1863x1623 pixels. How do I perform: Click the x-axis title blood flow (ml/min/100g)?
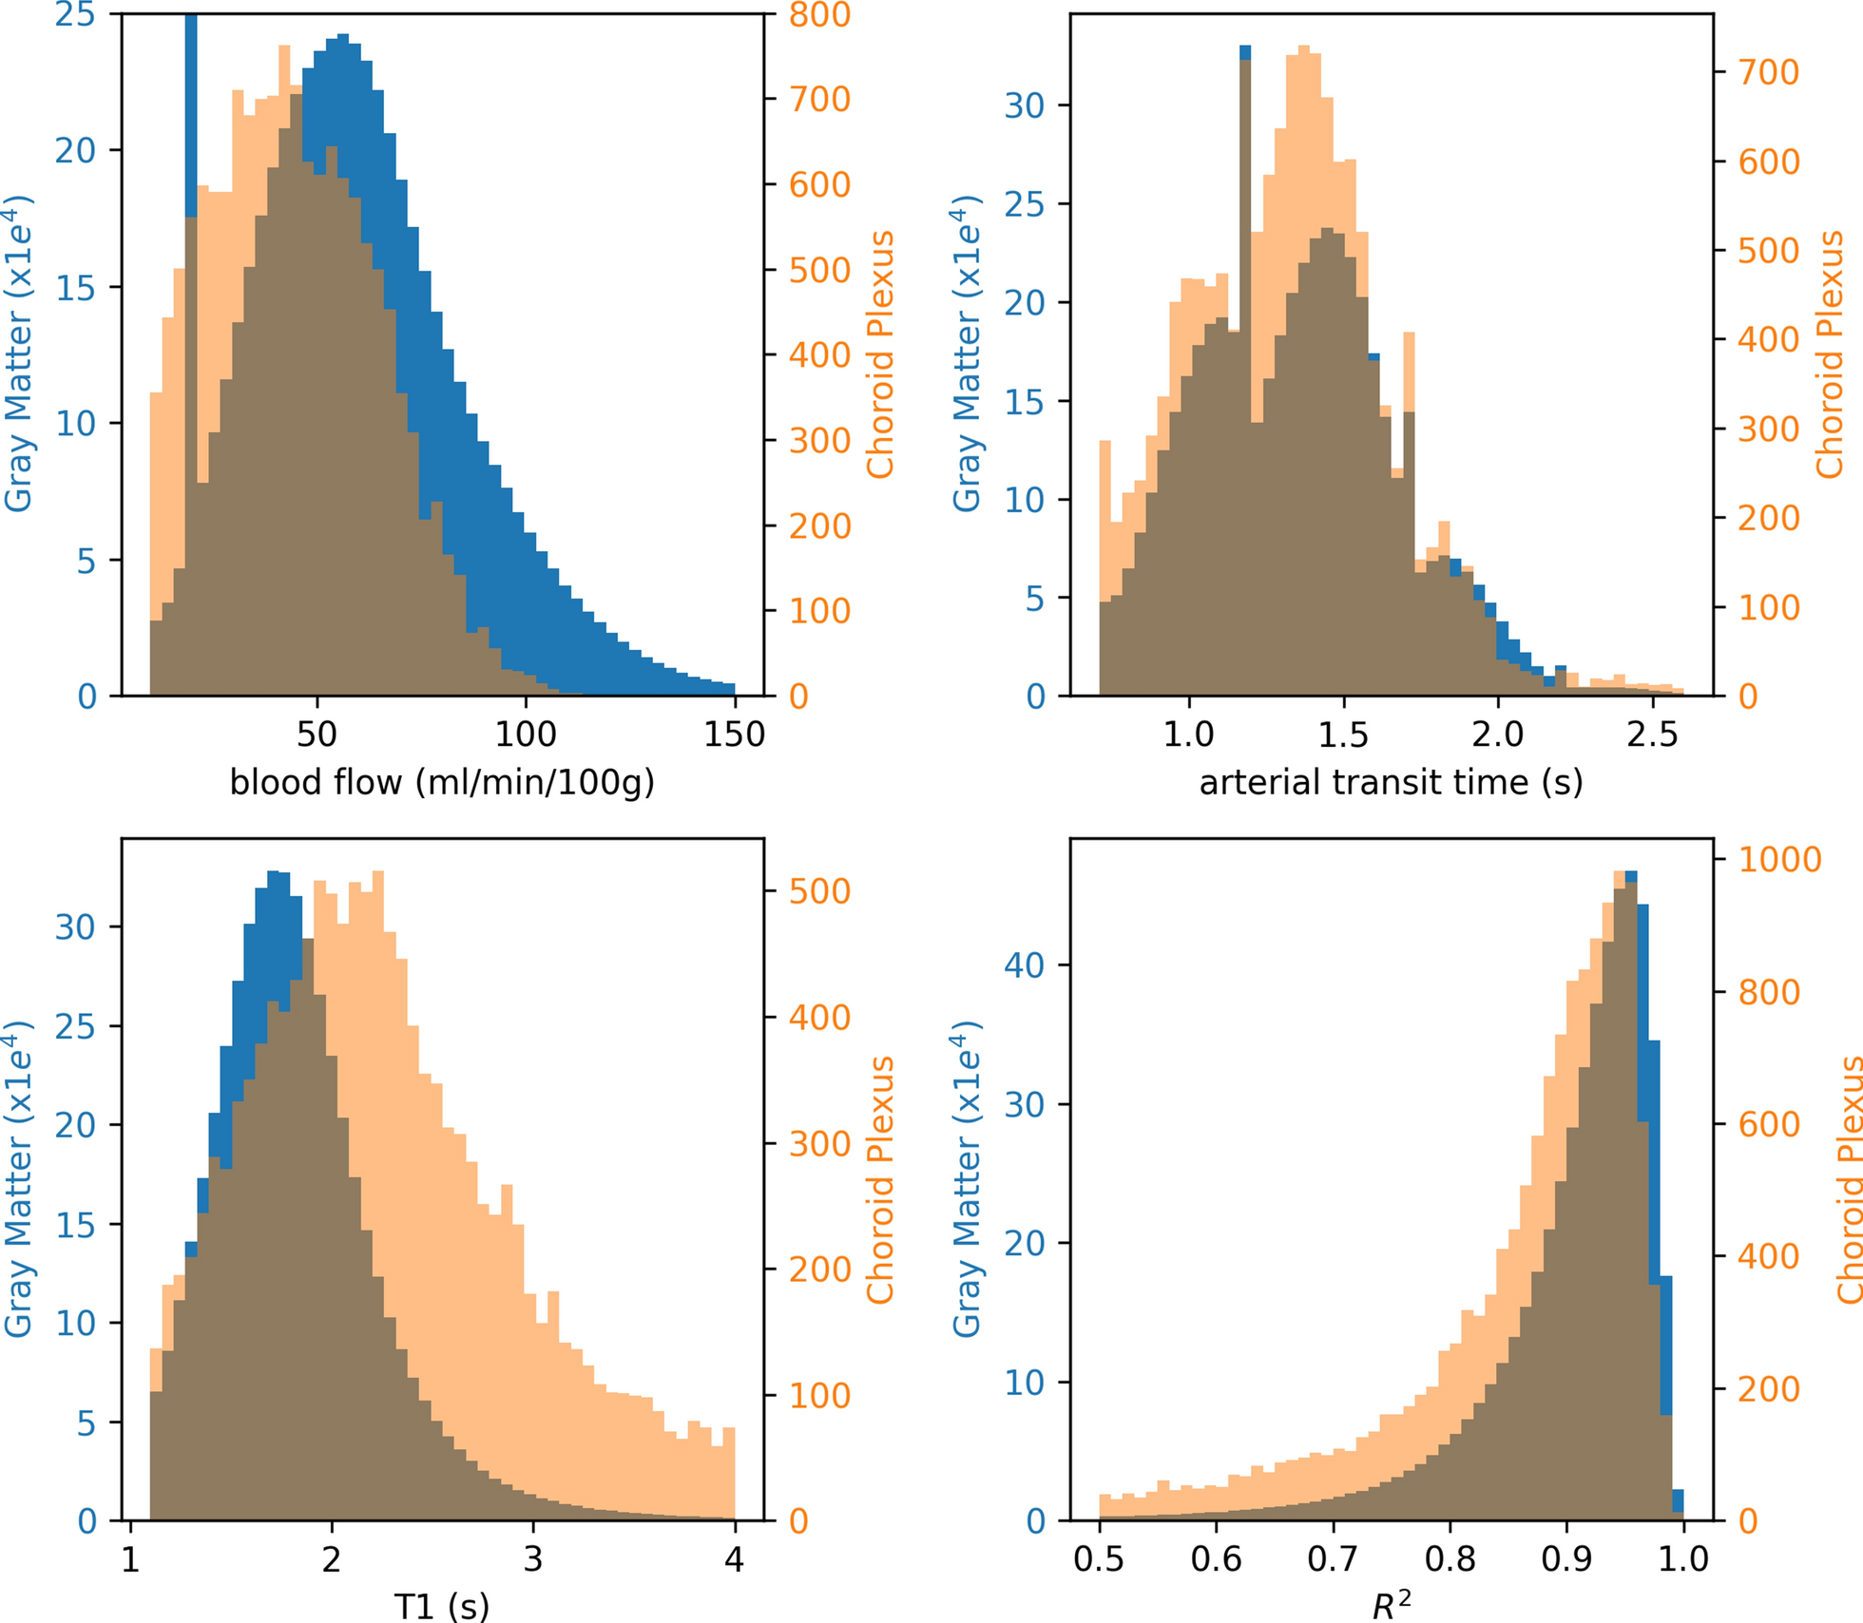click(x=442, y=782)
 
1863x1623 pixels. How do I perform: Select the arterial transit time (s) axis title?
click(x=1391, y=782)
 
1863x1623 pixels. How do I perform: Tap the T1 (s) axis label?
click(x=442, y=1606)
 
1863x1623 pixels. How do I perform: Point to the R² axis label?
click(x=1392, y=1606)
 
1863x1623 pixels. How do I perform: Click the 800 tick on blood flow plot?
click(x=819, y=15)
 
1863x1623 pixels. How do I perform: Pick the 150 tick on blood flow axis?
click(x=734, y=735)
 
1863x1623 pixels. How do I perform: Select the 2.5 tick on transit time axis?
click(x=1652, y=735)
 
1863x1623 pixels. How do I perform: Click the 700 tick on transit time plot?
click(x=1769, y=72)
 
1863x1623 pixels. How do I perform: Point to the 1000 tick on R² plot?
click(x=1779, y=859)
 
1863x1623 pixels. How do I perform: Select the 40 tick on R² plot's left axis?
click(x=1024, y=965)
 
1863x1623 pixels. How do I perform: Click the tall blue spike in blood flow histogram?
click(x=191, y=114)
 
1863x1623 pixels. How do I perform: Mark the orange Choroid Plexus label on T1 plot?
click(x=880, y=1179)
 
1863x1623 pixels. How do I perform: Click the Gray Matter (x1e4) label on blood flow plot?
click(x=19, y=353)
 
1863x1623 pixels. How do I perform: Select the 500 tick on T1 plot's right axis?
click(x=819, y=891)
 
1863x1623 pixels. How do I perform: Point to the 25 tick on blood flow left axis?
click(x=75, y=15)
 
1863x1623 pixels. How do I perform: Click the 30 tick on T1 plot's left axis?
click(x=75, y=926)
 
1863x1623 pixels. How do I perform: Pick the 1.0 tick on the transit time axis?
click(x=1188, y=735)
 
